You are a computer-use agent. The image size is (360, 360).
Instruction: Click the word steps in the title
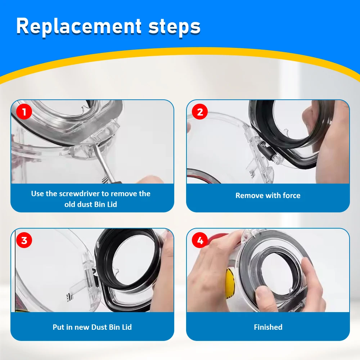pos(174,26)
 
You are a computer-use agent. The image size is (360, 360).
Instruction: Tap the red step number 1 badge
pos(24,112)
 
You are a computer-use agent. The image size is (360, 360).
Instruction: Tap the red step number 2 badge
pos(200,112)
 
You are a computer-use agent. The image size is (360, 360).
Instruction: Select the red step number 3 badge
pos(24,240)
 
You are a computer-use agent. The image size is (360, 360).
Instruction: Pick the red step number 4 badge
pos(200,240)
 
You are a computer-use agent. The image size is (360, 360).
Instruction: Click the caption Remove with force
pos(267,195)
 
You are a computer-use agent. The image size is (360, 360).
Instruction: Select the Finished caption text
pos(268,327)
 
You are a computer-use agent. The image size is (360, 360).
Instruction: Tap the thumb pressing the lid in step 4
pos(264,294)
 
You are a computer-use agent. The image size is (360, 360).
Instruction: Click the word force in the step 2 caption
pos(291,195)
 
